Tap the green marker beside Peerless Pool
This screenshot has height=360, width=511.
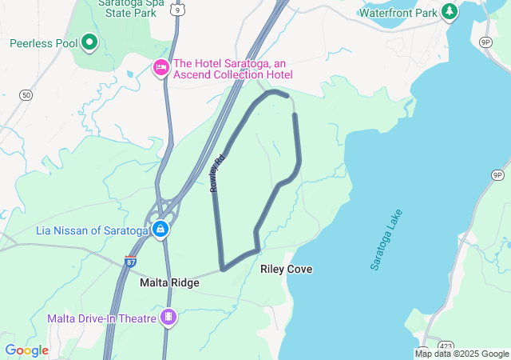click(89, 42)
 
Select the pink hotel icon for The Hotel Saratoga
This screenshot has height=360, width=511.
click(160, 67)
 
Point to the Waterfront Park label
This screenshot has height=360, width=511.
click(398, 13)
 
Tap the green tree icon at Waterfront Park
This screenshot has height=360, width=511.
click(450, 12)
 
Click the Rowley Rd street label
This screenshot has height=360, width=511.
click(216, 173)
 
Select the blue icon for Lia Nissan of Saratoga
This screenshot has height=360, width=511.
click(160, 230)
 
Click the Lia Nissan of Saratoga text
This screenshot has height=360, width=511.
click(92, 230)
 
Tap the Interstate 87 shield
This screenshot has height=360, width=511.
click(130, 262)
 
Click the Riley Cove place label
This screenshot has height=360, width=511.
click(287, 270)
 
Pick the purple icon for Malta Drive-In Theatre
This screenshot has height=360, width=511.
click(168, 318)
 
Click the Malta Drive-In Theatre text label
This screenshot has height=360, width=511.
click(101, 318)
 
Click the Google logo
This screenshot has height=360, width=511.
click(26, 350)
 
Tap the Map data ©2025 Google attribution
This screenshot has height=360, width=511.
click(461, 354)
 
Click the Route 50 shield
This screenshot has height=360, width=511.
click(27, 95)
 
